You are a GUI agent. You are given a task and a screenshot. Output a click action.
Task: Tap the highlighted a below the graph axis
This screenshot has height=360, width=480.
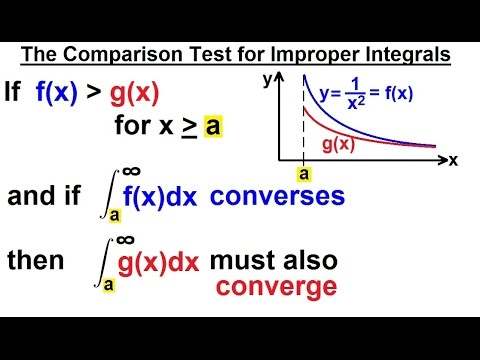(303, 173)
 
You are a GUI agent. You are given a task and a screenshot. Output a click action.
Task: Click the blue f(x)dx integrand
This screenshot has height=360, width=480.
(160, 198)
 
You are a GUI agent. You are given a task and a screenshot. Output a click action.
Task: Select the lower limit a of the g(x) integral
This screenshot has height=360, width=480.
(108, 285)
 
